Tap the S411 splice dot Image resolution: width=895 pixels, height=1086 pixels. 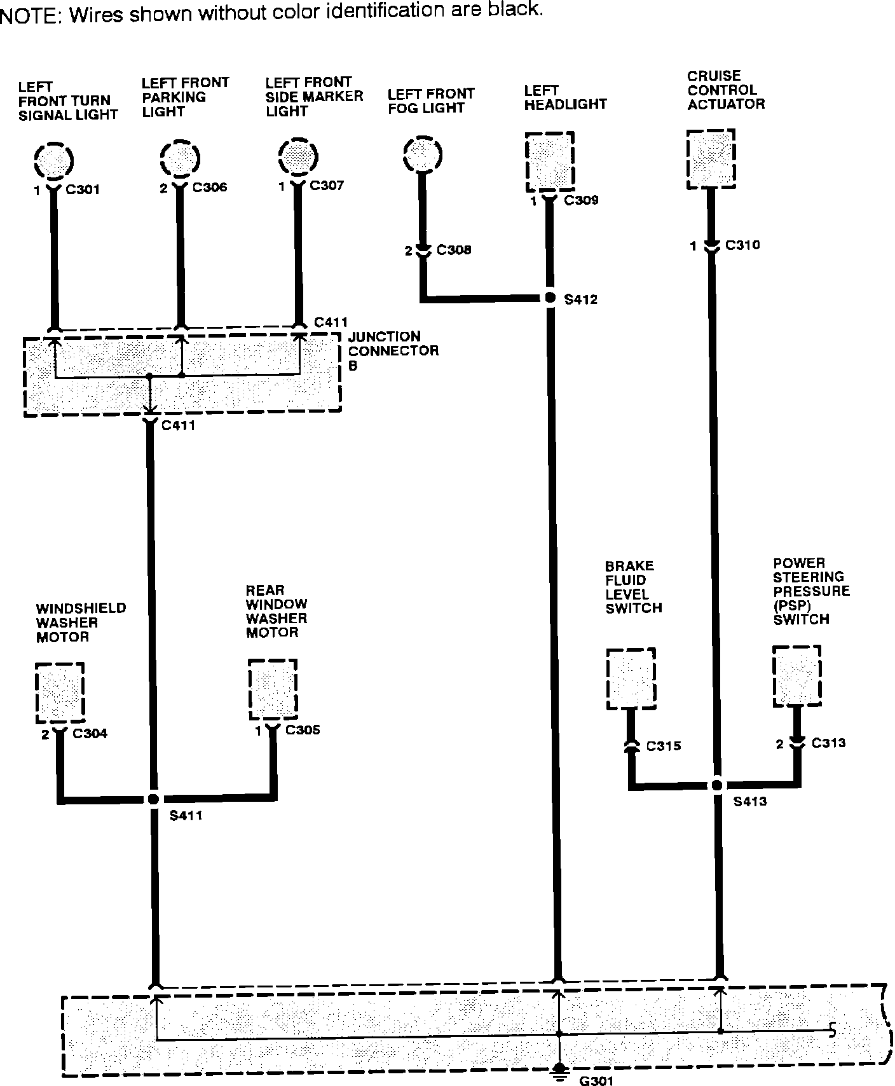click(x=153, y=799)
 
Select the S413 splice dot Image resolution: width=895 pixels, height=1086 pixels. click(x=717, y=785)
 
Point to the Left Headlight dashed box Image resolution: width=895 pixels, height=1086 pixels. click(x=550, y=162)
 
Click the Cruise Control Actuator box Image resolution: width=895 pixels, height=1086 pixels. click(x=711, y=159)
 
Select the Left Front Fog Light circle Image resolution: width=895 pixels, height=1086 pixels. click(x=422, y=154)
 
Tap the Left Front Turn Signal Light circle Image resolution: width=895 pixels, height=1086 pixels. click(x=53, y=160)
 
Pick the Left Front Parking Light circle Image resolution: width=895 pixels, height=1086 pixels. click(x=180, y=157)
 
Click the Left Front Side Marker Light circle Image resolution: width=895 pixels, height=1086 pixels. click(x=298, y=156)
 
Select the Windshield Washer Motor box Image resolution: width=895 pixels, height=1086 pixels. click(x=60, y=692)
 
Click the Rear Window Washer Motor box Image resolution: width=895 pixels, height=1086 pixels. click(x=272, y=689)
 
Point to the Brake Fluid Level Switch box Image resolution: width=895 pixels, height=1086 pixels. click(x=631, y=679)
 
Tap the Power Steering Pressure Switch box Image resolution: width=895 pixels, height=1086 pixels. click(x=796, y=676)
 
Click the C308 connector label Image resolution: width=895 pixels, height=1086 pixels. click(x=454, y=250)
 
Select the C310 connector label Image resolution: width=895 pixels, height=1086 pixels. click(x=742, y=245)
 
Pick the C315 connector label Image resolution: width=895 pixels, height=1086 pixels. click(x=663, y=746)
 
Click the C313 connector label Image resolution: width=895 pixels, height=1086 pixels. click(x=828, y=743)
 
